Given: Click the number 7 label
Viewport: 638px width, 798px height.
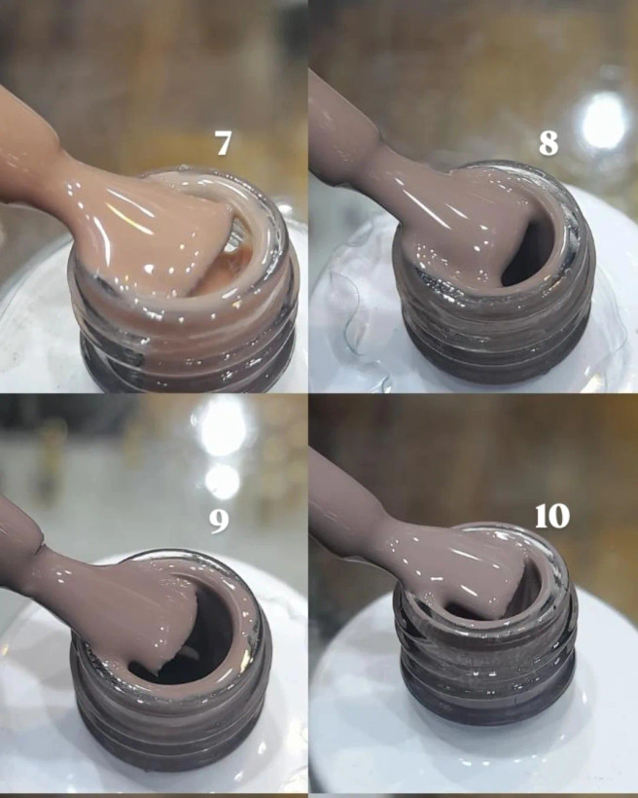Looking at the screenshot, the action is pos(223,143).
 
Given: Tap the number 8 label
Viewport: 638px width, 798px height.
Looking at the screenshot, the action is pos(549,143).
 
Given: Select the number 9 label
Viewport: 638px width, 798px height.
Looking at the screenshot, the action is pos(219,521).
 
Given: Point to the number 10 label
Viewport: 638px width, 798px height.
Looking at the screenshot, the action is pos(552,517).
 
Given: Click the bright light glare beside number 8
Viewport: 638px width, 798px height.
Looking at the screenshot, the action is pos(604,123).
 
